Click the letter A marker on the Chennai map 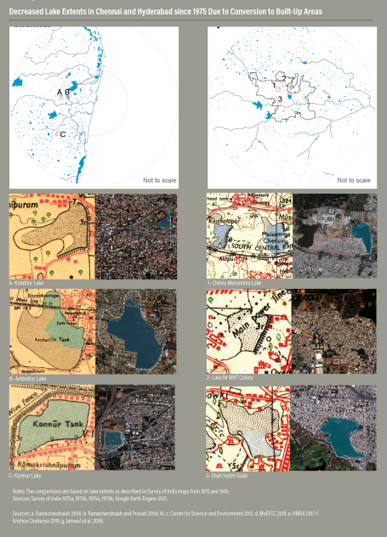(x=60, y=91)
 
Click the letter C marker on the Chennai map (x=63, y=133)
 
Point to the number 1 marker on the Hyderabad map (x=275, y=85)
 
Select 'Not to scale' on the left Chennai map (x=158, y=180)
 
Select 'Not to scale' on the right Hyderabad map (x=353, y=180)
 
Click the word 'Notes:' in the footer (x=20, y=492)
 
